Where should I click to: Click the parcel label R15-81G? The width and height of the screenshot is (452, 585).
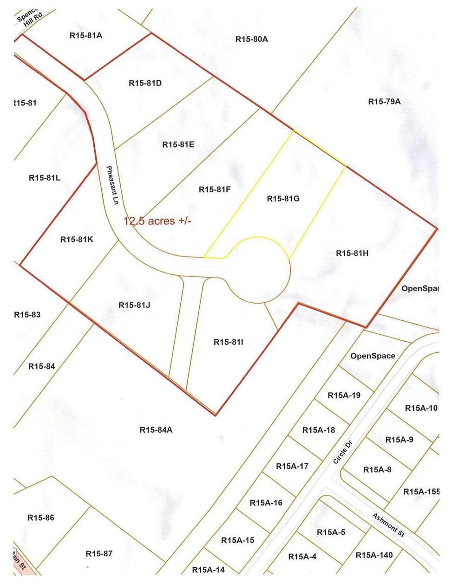283,199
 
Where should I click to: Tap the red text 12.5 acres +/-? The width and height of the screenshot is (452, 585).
157,221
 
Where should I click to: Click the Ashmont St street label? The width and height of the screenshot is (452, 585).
388,525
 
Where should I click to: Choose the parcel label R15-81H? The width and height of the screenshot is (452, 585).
352,253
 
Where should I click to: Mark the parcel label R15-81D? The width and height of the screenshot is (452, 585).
145,83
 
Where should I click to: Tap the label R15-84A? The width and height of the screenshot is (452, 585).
156,430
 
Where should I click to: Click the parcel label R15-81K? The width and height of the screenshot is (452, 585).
77,240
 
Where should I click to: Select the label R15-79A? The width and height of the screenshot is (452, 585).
384,102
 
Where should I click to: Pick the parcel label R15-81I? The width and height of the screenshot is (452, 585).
229,342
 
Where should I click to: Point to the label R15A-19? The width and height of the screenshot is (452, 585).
344,396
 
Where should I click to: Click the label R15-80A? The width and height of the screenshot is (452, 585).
251,39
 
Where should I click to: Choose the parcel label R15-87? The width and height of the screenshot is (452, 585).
99,553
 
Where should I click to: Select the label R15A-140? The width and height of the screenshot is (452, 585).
374,555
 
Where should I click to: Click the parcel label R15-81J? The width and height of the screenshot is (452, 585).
134,305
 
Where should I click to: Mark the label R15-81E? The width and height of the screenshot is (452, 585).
178,144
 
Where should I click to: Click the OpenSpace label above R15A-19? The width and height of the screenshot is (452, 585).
373,356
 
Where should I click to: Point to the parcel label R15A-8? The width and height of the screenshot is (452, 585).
377,469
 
